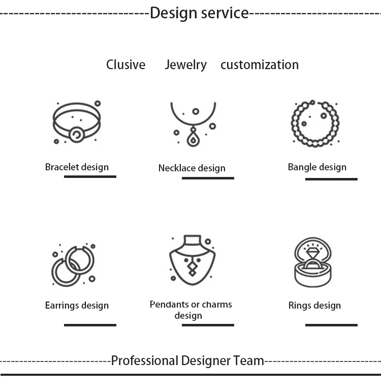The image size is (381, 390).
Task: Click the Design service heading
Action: coord(199,13)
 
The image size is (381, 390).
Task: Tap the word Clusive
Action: coord(125,65)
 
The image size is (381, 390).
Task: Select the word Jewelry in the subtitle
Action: coord(185,65)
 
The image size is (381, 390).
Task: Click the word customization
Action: coord(259,65)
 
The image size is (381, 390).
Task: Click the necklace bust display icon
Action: coord(192,259)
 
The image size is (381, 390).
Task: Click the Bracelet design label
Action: coord(77,167)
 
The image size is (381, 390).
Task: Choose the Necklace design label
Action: coord(192,168)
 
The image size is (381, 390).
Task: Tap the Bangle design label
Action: coord(317,167)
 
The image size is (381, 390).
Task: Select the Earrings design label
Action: coord(77,306)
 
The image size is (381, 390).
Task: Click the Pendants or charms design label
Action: coord(190,310)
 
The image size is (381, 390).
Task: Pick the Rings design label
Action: coord(314,306)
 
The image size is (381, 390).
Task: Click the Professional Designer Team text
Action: coord(187,361)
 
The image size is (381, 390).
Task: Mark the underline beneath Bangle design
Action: coord(331,179)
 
